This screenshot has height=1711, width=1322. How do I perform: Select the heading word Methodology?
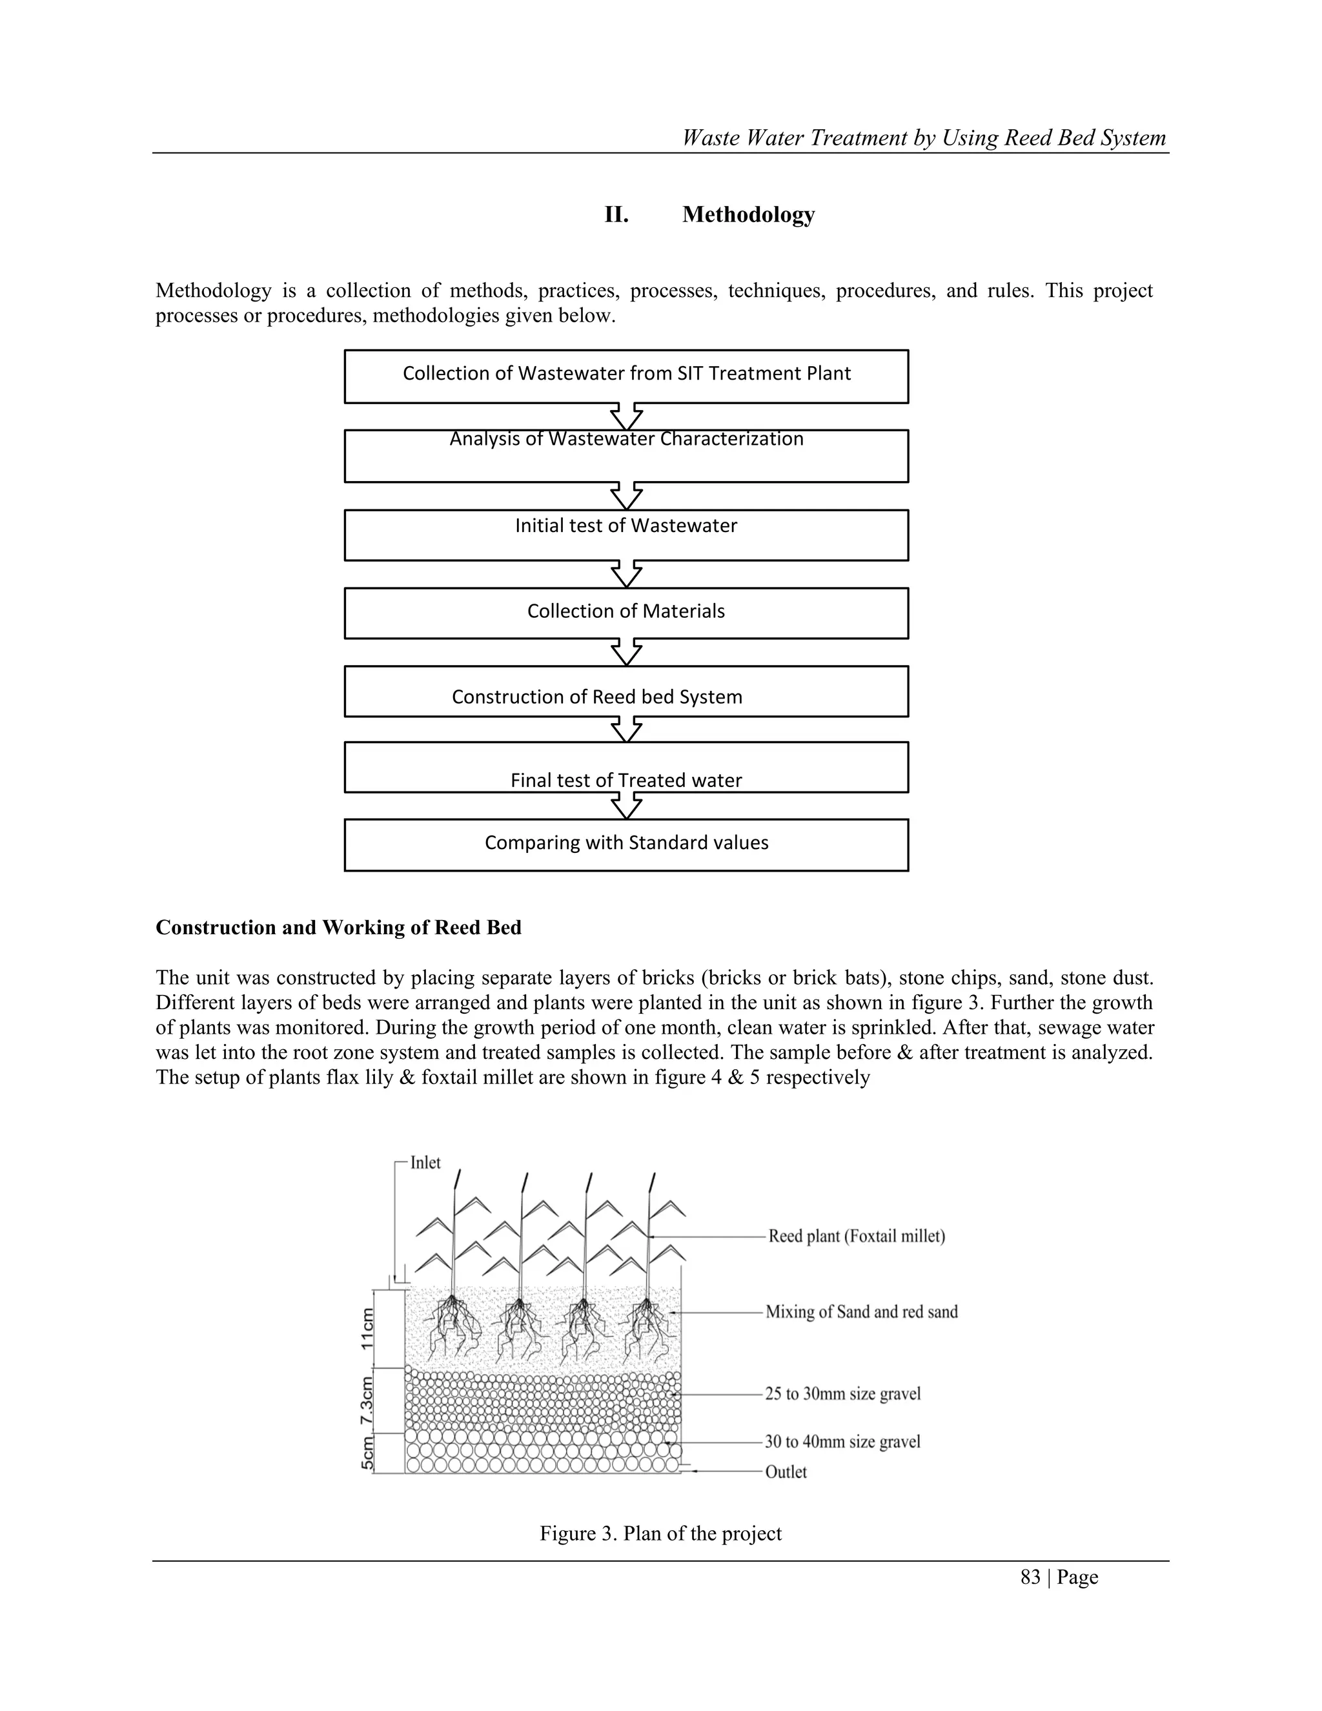(x=748, y=214)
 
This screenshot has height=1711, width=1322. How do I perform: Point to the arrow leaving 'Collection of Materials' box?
(x=627, y=652)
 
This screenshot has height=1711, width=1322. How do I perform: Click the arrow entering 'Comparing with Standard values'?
(x=627, y=805)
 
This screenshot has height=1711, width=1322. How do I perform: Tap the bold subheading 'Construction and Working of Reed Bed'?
(x=338, y=928)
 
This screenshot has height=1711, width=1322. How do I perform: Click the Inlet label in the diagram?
(x=425, y=1163)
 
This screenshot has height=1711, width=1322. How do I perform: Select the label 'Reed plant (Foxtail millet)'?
(x=856, y=1236)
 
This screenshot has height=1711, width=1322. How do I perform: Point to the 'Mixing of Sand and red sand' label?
(x=862, y=1312)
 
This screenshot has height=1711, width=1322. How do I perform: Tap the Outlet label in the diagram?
(x=786, y=1472)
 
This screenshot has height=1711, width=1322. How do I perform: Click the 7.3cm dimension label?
(x=367, y=1401)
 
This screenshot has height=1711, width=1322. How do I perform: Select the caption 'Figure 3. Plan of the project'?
(x=660, y=1533)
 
